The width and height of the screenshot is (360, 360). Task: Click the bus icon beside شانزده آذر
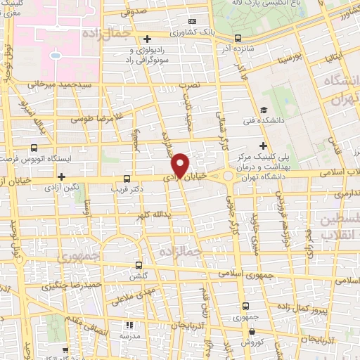[x=238, y=39]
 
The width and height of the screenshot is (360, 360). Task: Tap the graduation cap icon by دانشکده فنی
[x=262, y=110]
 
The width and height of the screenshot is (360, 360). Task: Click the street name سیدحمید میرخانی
[x=56, y=84]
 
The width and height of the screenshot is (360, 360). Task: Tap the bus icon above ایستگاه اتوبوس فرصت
[x=34, y=148]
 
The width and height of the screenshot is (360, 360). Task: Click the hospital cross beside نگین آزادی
[x=62, y=176]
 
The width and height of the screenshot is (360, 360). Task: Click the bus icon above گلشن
[x=138, y=265]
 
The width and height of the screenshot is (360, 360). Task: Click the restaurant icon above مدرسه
[x=129, y=325]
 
